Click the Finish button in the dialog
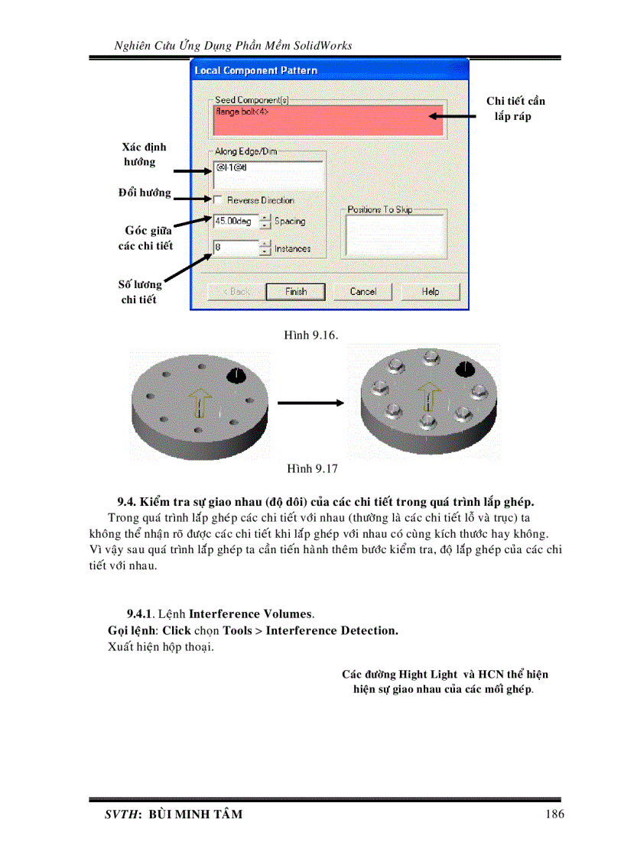tap(295, 291)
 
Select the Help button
tap(430, 291)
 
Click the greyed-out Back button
tap(236, 291)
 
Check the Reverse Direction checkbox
tap(218, 200)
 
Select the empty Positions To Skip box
tap(395, 235)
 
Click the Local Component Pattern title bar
tap(329, 70)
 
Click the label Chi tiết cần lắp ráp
tap(515, 108)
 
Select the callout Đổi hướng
tap(145, 193)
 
